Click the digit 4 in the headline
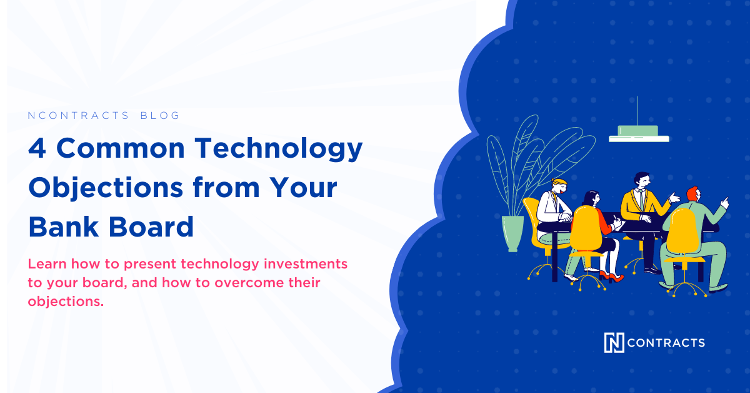click(37, 148)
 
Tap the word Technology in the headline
click(279, 150)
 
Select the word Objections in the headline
click(106, 188)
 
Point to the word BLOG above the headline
click(160, 115)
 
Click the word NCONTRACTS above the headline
click(78, 115)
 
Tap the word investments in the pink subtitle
click(306, 264)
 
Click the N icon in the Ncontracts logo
click(614, 342)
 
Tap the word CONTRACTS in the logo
click(666, 343)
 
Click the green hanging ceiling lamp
click(639, 133)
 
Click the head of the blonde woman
click(559, 186)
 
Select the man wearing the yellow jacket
click(642, 218)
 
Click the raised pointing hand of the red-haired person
click(724, 203)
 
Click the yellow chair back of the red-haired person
click(682, 232)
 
